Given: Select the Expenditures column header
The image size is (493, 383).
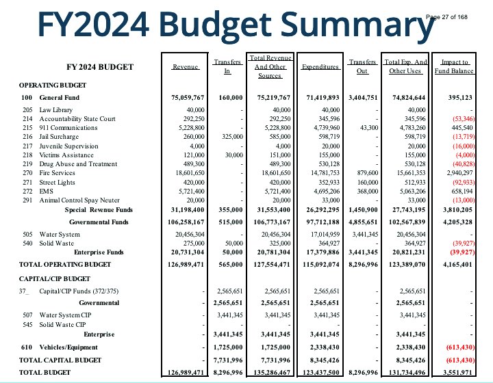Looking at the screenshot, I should pos(320,67).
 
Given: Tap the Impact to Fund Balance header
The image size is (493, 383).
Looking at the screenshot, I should pos(455,66).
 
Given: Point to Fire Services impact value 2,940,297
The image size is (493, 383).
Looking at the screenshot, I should pos(457,174).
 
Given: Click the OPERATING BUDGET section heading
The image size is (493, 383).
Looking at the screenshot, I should pos(53,85).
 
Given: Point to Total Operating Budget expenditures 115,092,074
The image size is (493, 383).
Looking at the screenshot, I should pos(319,263).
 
